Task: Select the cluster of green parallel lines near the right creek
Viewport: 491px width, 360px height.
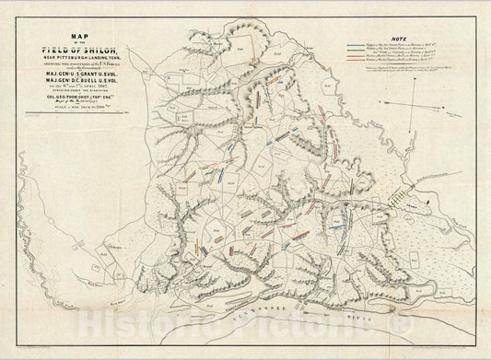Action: pos(403,196)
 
